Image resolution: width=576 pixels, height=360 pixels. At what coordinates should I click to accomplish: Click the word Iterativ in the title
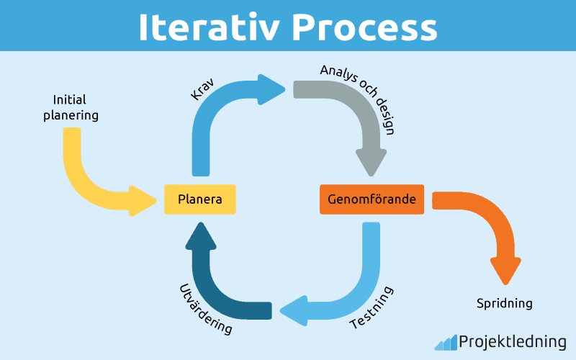click(x=208, y=27)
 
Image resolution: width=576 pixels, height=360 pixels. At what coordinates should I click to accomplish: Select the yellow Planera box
click(x=199, y=199)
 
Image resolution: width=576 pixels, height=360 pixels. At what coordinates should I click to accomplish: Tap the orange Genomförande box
click(x=372, y=199)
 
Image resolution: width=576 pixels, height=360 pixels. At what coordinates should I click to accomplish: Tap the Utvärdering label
click(x=205, y=309)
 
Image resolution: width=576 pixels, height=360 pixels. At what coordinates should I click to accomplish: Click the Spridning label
click(x=505, y=303)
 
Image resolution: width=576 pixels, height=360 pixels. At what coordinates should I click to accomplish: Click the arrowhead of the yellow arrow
click(x=142, y=200)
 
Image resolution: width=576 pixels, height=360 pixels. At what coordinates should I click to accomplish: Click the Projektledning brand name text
click(x=512, y=342)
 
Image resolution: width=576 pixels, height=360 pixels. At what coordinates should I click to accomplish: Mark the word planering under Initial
click(x=71, y=114)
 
